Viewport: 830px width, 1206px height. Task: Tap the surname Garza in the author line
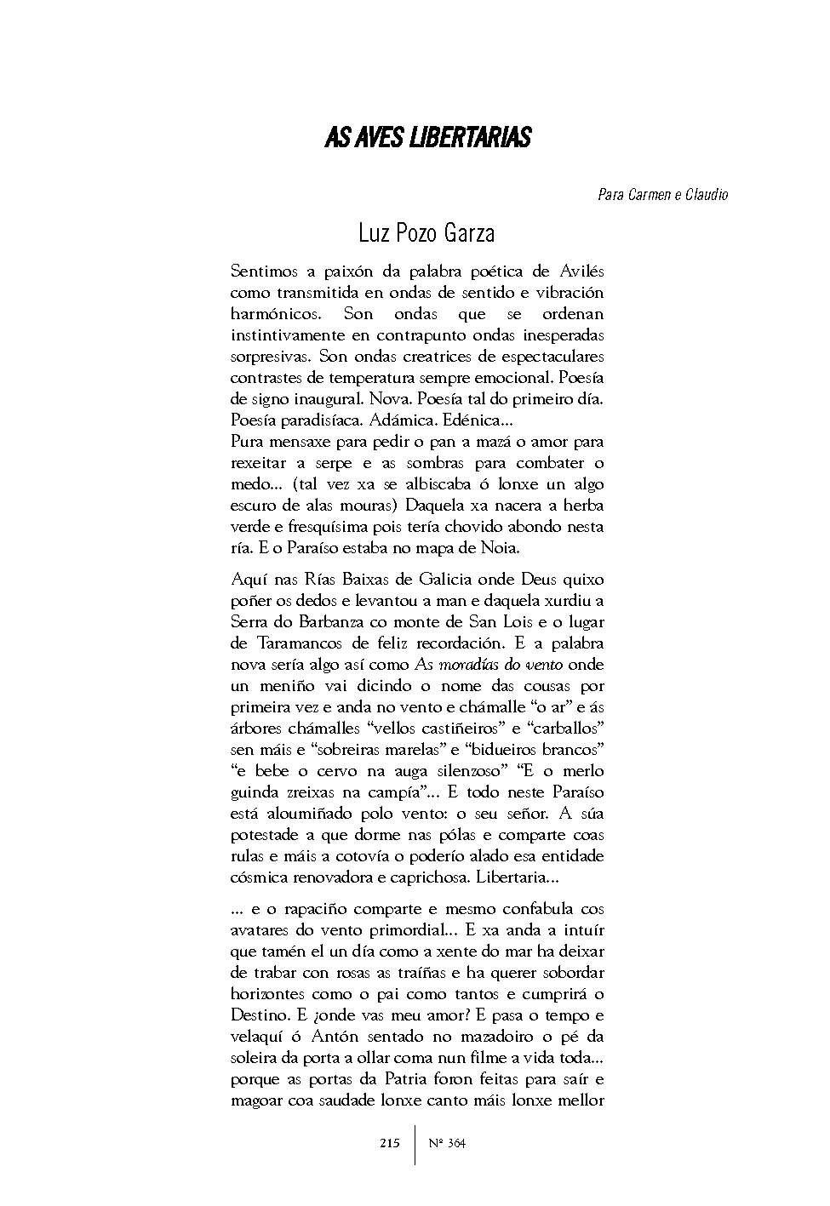464,233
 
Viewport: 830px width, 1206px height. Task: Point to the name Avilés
581,271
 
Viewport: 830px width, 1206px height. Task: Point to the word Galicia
443,580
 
